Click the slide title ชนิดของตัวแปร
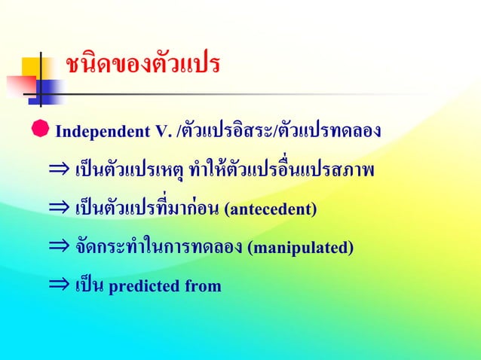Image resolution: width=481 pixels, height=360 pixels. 142,66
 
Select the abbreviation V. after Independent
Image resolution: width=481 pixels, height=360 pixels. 163,134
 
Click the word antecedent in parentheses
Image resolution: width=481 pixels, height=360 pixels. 270,209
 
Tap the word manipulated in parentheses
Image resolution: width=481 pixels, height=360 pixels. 299,247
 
